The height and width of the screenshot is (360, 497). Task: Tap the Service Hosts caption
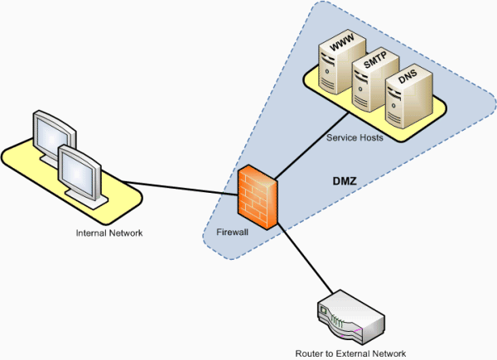pos(355,137)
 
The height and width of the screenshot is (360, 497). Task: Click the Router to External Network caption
pos(351,353)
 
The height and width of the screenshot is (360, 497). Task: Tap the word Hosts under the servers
pos(369,137)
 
